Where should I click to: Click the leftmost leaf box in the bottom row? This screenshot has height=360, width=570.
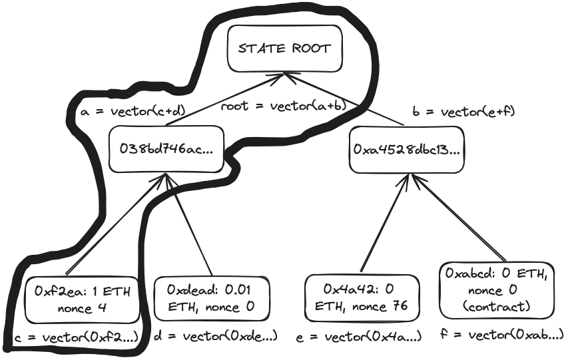78,298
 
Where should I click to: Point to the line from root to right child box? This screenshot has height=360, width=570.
340,98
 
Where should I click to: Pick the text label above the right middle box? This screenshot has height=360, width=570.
463,110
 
